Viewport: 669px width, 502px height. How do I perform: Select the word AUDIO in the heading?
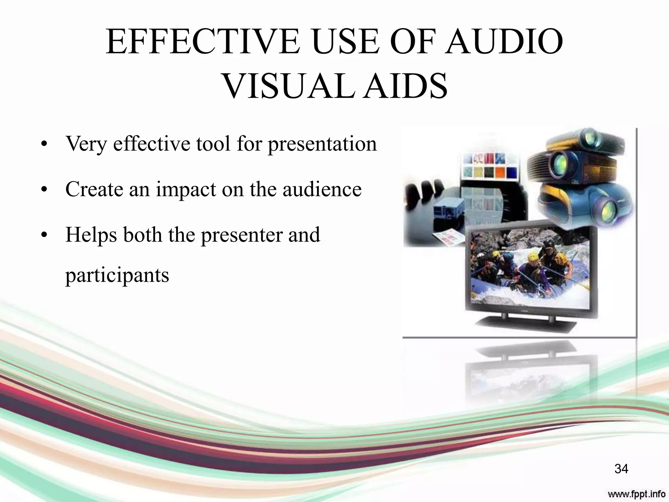[x=505, y=42]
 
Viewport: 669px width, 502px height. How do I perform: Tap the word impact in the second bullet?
[x=186, y=190]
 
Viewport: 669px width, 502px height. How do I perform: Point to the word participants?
[x=117, y=276]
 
